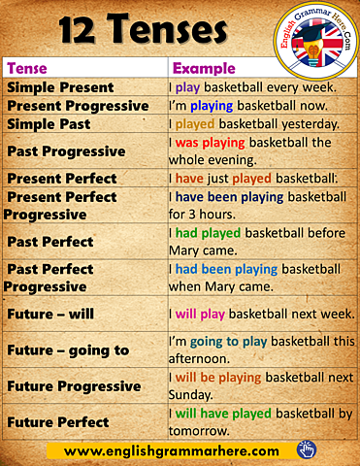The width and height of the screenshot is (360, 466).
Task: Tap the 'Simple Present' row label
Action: [x=60, y=87]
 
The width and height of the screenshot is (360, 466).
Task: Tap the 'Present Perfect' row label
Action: [x=62, y=179]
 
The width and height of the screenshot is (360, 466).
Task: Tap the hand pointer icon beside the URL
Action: [x=307, y=449]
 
